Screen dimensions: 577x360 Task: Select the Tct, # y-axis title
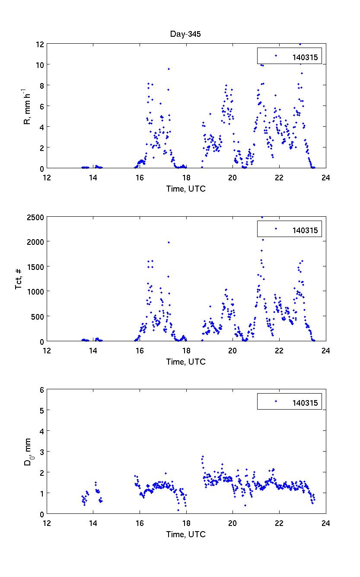19,279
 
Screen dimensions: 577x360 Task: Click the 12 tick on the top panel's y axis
39,44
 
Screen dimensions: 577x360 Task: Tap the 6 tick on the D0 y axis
41,390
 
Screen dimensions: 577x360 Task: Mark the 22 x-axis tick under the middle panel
279,351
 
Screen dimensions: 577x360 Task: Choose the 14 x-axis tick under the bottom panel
93,523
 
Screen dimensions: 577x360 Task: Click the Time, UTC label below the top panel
186,189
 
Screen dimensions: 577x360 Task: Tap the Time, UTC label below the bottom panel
186,535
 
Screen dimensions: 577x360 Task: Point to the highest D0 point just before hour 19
203,456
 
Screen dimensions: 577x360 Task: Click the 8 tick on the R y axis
41,86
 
